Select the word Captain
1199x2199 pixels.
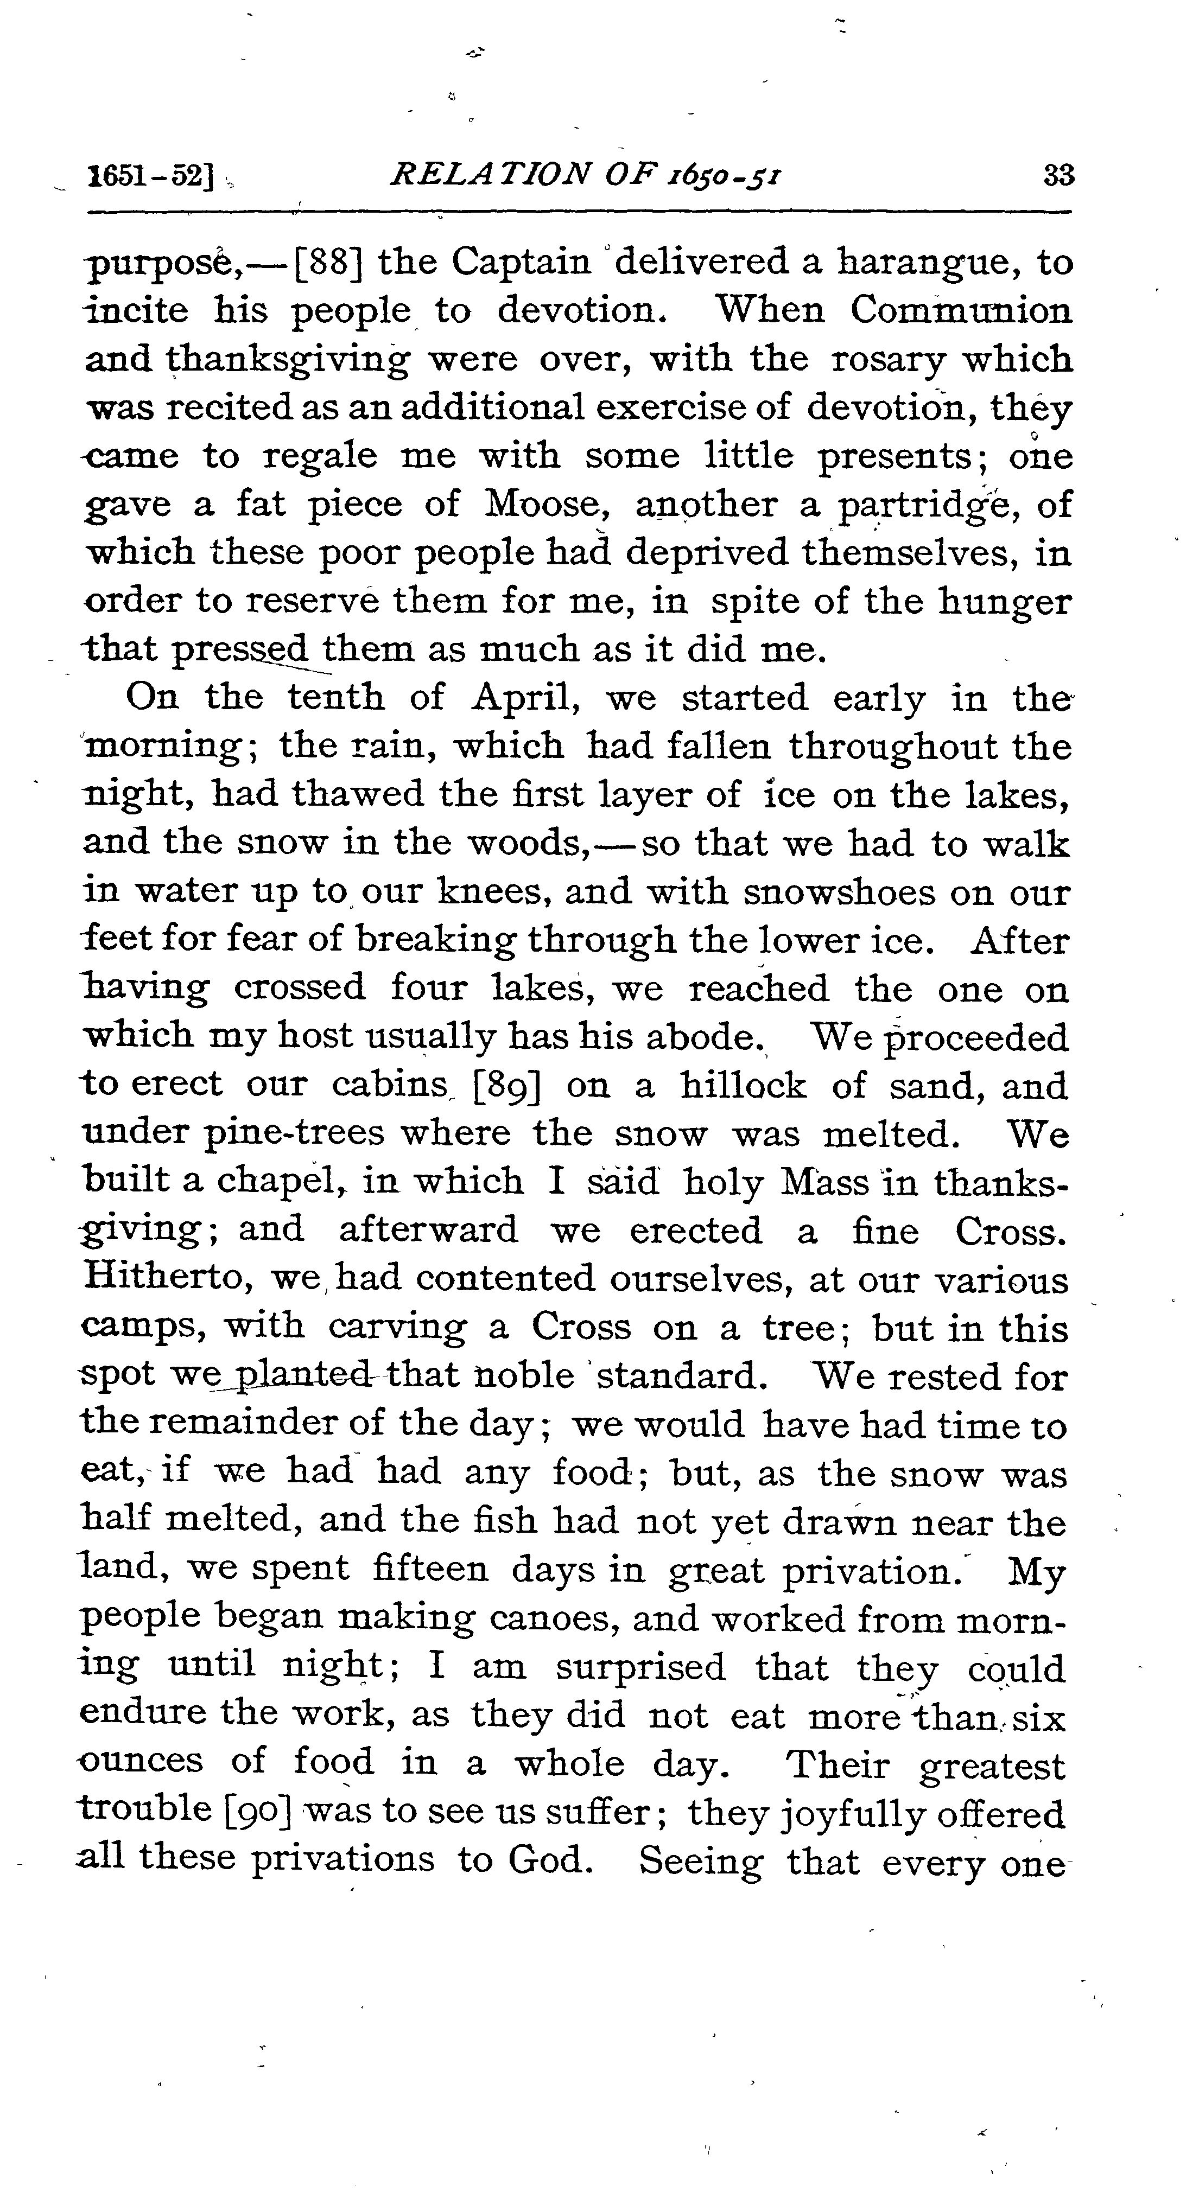tap(521, 261)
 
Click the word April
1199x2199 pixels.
tap(522, 698)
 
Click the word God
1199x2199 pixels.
tap(550, 1858)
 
